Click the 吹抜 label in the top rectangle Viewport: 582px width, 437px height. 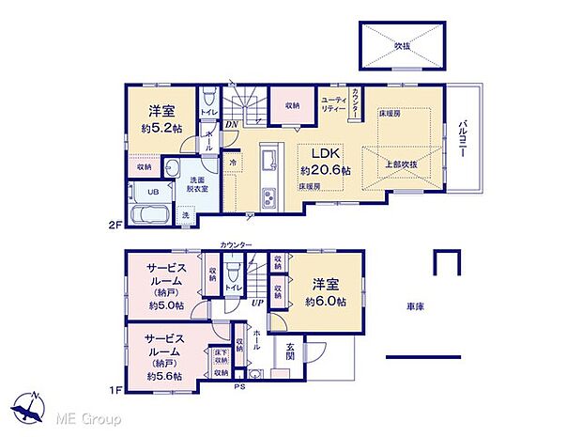point(401,44)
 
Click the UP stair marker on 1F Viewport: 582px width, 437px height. point(255,303)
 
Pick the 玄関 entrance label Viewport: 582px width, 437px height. point(290,351)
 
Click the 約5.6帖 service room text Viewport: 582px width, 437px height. point(164,375)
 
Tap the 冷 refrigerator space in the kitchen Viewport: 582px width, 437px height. point(233,163)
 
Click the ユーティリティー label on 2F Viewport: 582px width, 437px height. point(334,104)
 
